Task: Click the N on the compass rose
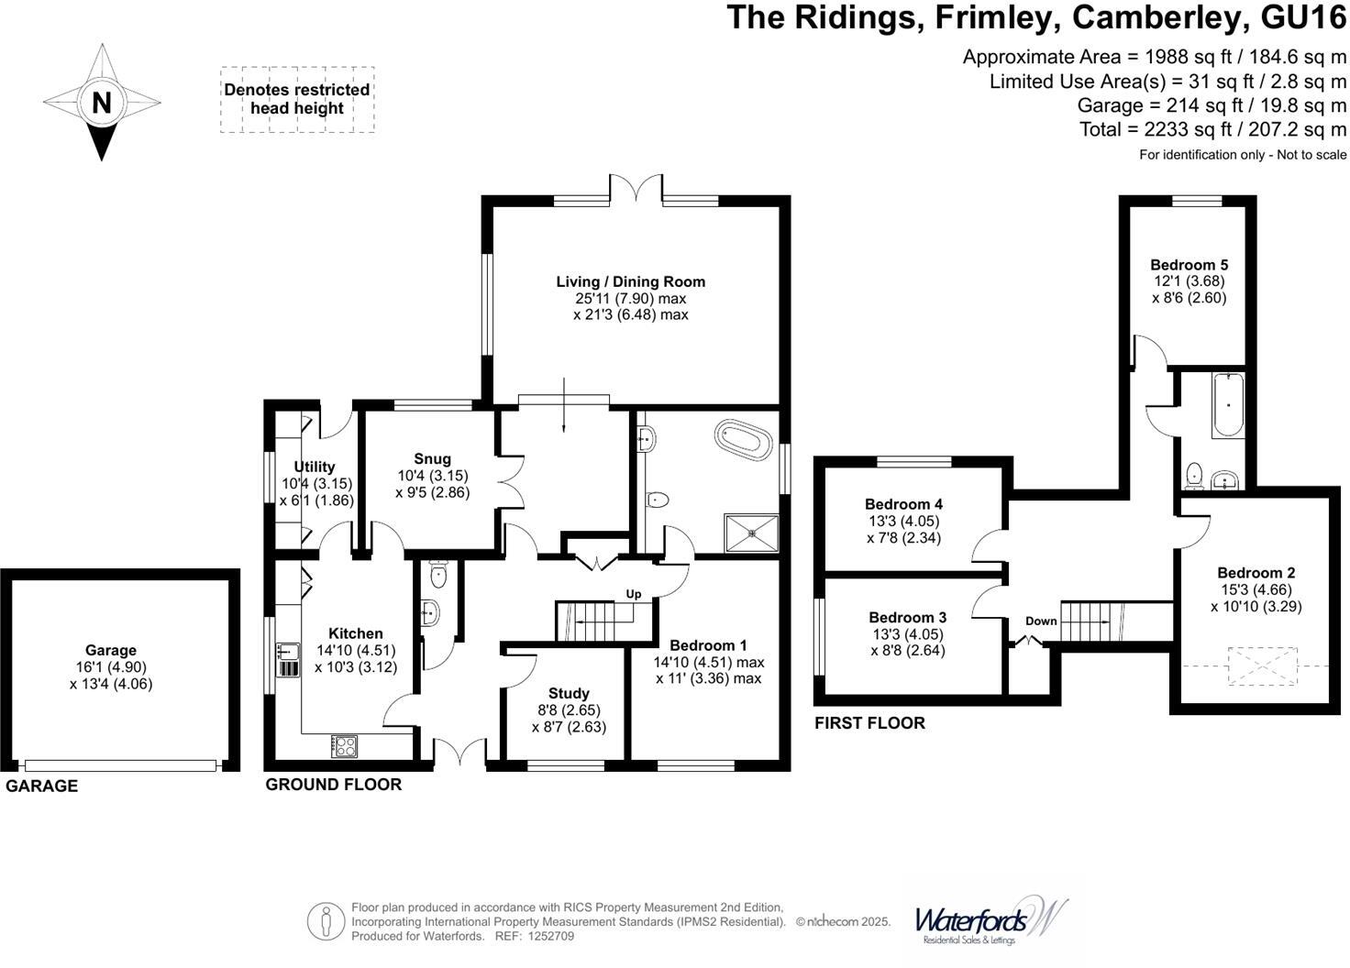(x=101, y=103)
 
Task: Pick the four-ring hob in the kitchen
(x=345, y=746)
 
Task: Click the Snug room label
(x=432, y=459)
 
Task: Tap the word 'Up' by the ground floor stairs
(x=634, y=594)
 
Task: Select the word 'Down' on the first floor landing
(x=1041, y=621)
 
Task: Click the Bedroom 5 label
(x=1189, y=265)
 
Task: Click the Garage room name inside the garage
(x=111, y=650)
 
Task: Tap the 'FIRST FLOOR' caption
(x=869, y=722)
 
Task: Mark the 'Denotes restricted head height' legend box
(x=297, y=99)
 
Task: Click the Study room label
(x=569, y=693)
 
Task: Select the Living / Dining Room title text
(x=630, y=281)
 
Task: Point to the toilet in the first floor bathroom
(x=1194, y=475)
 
